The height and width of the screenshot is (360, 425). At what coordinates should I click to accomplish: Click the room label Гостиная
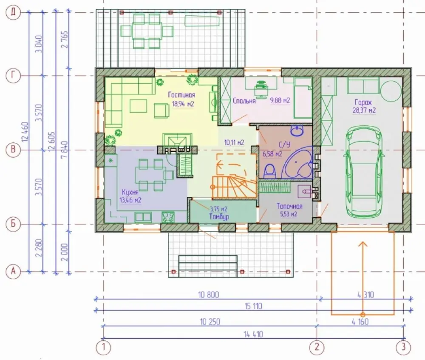pyautogui.click(x=181, y=95)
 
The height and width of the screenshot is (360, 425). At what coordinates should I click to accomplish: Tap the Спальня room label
pyautogui.click(x=244, y=101)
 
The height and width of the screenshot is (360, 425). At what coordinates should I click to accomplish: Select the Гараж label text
pyautogui.click(x=363, y=102)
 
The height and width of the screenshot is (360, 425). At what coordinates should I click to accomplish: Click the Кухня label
pyautogui.click(x=130, y=192)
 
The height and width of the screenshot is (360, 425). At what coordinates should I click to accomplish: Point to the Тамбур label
pyautogui.click(x=219, y=217)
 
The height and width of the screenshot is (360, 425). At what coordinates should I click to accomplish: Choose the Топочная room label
pyautogui.click(x=289, y=206)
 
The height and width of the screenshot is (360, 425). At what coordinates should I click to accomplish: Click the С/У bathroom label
pyautogui.click(x=284, y=145)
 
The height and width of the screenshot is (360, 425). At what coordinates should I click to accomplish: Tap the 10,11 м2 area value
pyautogui.click(x=234, y=142)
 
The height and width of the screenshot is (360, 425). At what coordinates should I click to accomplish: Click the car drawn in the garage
pyautogui.click(x=363, y=172)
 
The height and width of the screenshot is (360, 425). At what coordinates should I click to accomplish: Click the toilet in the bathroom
pyautogui.click(x=270, y=171)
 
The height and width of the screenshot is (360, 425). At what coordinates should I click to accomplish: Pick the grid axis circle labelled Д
pyautogui.click(x=13, y=12)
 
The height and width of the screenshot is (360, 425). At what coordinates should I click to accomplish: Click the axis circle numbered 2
pyautogui.click(x=317, y=347)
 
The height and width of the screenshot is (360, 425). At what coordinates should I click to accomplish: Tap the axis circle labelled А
pyautogui.click(x=13, y=271)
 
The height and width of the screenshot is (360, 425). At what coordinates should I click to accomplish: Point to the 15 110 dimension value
pyautogui.click(x=253, y=306)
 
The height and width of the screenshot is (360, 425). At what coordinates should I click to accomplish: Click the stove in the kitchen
pyautogui.click(x=168, y=217)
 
